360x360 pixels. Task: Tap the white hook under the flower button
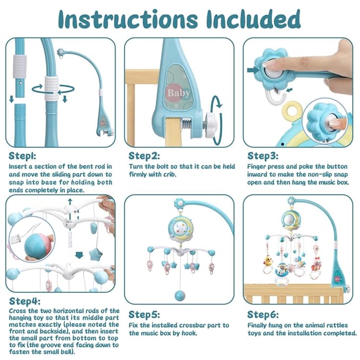275,95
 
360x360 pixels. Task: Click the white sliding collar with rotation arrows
51,84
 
